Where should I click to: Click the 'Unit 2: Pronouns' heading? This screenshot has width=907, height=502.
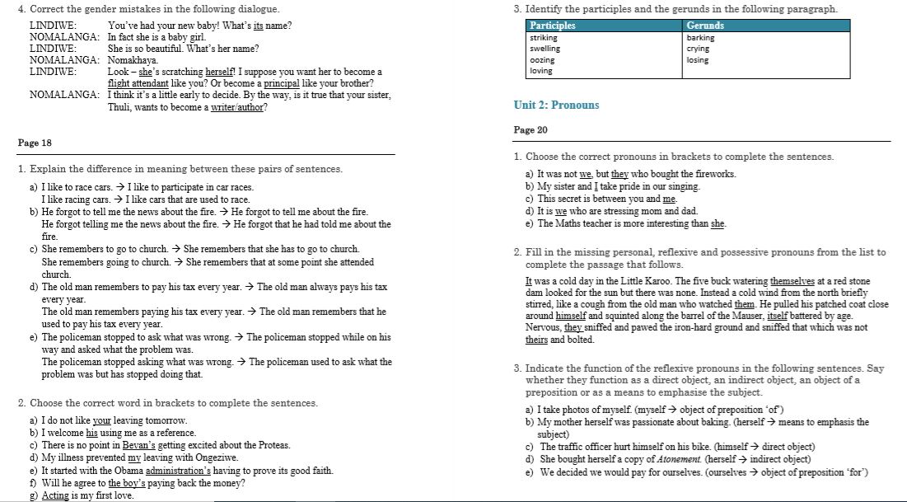click(556, 106)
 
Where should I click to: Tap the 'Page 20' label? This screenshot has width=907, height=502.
click(531, 130)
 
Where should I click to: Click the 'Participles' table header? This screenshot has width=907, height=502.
click(553, 26)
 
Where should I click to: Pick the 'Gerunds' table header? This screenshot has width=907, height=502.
click(705, 26)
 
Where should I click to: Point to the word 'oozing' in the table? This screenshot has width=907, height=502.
click(542, 60)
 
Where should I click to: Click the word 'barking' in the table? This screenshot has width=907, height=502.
click(700, 38)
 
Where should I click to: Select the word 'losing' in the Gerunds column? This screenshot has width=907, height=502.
click(697, 60)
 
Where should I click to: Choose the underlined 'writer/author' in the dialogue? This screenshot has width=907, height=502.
click(238, 107)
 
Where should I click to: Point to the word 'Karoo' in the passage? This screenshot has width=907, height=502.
click(633, 281)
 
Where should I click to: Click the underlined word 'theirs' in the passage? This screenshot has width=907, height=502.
click(536, 340)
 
